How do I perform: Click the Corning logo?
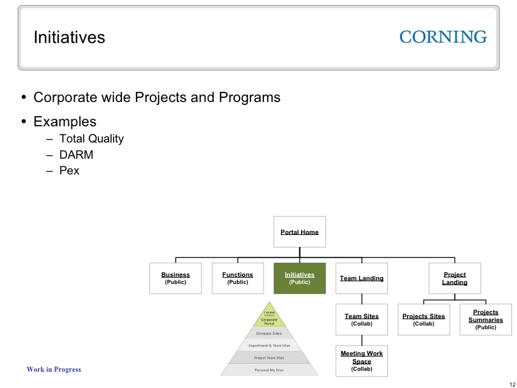pyautogui.click(x=443, y=37)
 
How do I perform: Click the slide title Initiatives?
pyautogui.click(x=69, y=37)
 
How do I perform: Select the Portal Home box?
pyautogui.click(x=299, y=232)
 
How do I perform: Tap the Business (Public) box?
pyautogui.click(x=175, y=278)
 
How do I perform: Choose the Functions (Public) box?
pyautogui.click(x=237, y=278)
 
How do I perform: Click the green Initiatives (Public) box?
pyautogui.click(x=299, y=278)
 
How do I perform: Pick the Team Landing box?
pyautogui.click(x=361, y=278)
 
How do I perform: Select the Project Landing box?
pyautogui.click(x=454, y=278)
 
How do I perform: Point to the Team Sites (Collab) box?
pyautogui.click(x=361, y=319)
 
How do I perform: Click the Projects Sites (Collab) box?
pyautogui.click(x=424, y=319)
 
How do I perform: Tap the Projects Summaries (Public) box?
pyautogui.click(x=485, y=319)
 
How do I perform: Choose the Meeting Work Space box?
pyautogui.click(x=361, y=361)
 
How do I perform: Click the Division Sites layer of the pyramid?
pyautogui.click(x=269, y=333)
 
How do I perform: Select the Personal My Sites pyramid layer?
pyautogui.click(x=269, y=370)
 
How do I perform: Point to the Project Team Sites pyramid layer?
pyautogui.click(x=269, y=358)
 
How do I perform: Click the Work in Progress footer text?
pyautogui.click(x=54, y=369)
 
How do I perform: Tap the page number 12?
pyautogui.click(x=512, y=384)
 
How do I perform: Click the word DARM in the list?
pyautogui.click(x=76, y=155)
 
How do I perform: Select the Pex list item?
pyautogui.click(x=69, y=170)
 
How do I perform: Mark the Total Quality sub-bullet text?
pyautogui.click(x=91, y=139)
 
